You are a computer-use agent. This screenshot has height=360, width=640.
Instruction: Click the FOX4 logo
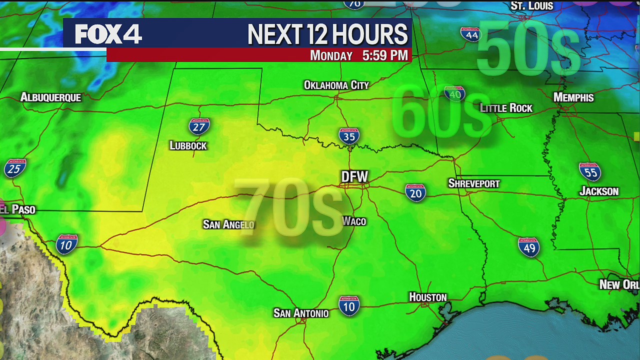pyautogui.click(x=108, y=34)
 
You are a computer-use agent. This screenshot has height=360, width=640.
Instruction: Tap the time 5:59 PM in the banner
pyautogui.click(x=385, y=55)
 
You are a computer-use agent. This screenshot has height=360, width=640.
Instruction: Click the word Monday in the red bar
pyautogui.click(x=331, y=55)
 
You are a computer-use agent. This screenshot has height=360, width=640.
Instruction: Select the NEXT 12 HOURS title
pyautogui.click(x=327, y=34)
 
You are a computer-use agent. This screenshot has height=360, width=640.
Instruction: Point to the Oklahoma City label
pyautogui.click(x=336, y=85)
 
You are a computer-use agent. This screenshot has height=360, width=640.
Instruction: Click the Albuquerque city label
pyautogui.click(x=50, y=97)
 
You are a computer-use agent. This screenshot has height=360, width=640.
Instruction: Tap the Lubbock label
pyautogui.click(x=188, y=145)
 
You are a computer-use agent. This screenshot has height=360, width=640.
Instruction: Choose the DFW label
pyautogui.click(x=354, y=176)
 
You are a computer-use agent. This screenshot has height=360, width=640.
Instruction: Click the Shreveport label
pyautogui.click(x=473, y=183)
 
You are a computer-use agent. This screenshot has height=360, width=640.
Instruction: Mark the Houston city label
pyautogui.click(x=427, y=297)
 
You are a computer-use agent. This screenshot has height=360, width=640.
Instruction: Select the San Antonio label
pyautogui.click(x=301, y=313)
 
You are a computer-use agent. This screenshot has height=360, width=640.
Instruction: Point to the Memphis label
pyautogui.click(x=573, y=97)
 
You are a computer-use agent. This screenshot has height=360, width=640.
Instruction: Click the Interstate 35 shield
pyautogui.click(x=349, y=135)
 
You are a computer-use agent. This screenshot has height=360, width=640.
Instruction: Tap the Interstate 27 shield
pyautogui.click(x=199, y=126)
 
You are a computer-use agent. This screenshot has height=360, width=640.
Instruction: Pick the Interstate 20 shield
pyautogui.click(x=415, y=192)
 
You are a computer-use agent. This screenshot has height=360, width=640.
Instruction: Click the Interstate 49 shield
pyautogui.click(x=529, y=247)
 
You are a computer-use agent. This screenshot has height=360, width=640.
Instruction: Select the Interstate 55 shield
pyautogui.click(x=590, y=171)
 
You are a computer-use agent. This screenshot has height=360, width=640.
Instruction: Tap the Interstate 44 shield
pyautogui.click(x=470, y=34)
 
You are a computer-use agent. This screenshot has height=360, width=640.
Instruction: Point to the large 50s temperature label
pyautogui.click(x=528, y=49)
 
